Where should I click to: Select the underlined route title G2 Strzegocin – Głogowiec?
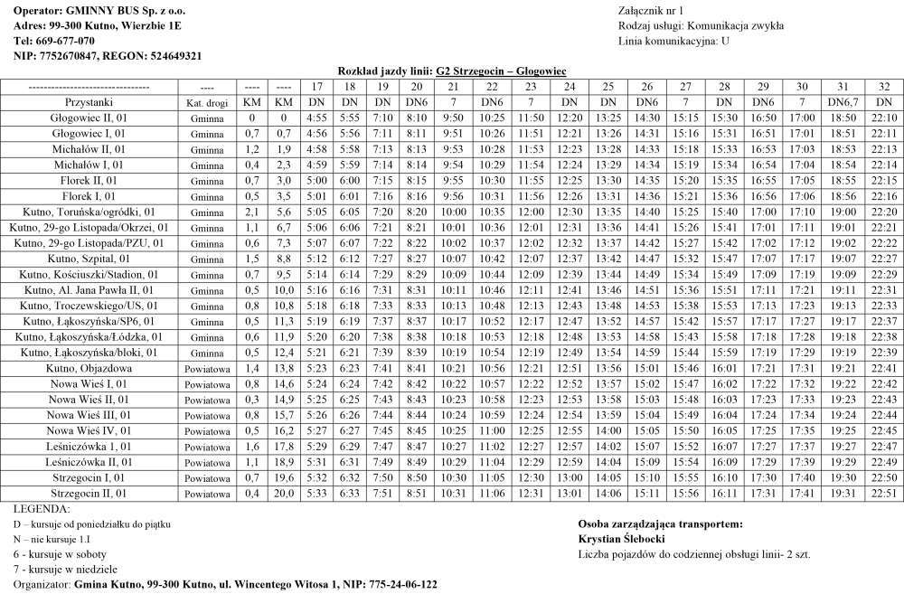pyautogui.click(x=501, y=71)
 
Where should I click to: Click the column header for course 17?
pyautogui.click(x=316, y=87)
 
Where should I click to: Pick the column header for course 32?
pyautogui.click(x=883, y=87)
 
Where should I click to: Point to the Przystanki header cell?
pyautogui.click(x=89, y=102)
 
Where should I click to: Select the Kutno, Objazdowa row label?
pyautogui.click(x=89, y=368)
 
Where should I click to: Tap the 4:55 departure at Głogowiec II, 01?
pyautogui.click(x=316, y=118)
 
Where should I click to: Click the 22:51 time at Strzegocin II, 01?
pyautogui.click(x=883, y=493)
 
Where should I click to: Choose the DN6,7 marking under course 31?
pyautogui.click(x=842, y=102)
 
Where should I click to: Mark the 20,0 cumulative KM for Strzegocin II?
pyautogui.click(x=284, y=493)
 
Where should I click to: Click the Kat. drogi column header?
pyautogui.click(x=207, y=103)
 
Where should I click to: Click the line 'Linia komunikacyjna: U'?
pyautogui.click(x=673, y=41)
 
